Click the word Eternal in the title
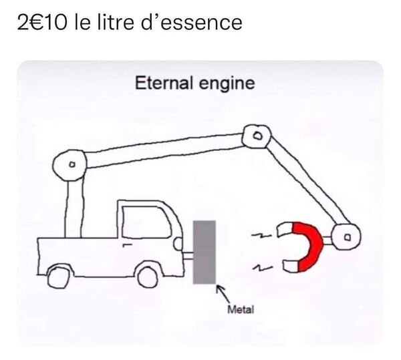(x=164, y=83)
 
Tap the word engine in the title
(x=227, y=84)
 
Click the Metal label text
(x=241, y=310)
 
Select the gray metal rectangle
(x=205, y=252)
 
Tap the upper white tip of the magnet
(x=285, y=229)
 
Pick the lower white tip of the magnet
(x=291, y=266)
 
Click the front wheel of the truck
(x=148, y=277)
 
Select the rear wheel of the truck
(x=59, y=278)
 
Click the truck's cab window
(x=146, y=222)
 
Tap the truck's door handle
(x=127, y=245)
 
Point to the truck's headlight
(x=178, y=244)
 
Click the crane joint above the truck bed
(x=70, y=165)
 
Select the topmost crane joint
(x=257, y=136)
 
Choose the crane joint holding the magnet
(x=346, y=236)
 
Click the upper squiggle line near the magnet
(x=261, y=236)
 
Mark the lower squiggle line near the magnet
(x=263, y=268)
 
